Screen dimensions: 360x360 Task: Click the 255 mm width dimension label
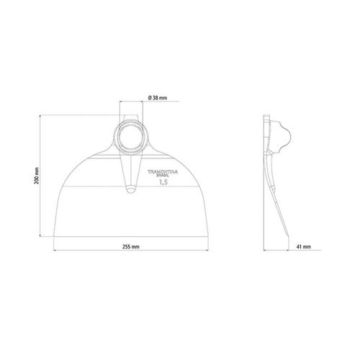pyautogui.click(x=131, y=247)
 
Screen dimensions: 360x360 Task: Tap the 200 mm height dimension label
pyautogui.click(x=37, y=176)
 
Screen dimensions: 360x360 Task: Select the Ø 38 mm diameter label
pyautogui.click(x=158, y=98)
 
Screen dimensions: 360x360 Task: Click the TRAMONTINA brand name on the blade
pyautogui.click(x=163, y=172)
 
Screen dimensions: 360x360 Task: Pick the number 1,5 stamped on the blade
pyautogui.click(x=163, y=182)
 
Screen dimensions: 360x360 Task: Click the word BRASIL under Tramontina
pyautogui.click(x=163, y=175)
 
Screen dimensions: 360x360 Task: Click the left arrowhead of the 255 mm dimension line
pyautogui.click(x=55, y=251)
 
